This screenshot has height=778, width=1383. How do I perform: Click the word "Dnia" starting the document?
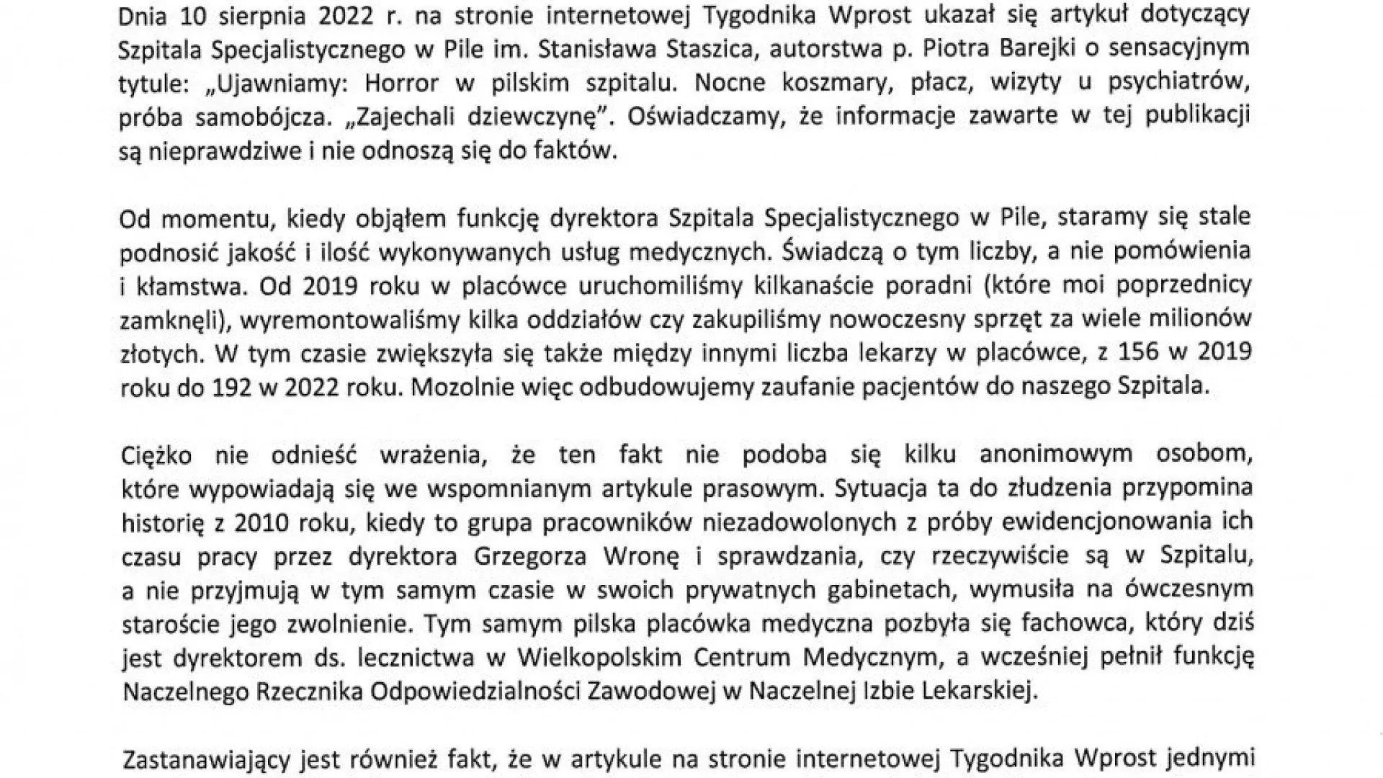[143, 15]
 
